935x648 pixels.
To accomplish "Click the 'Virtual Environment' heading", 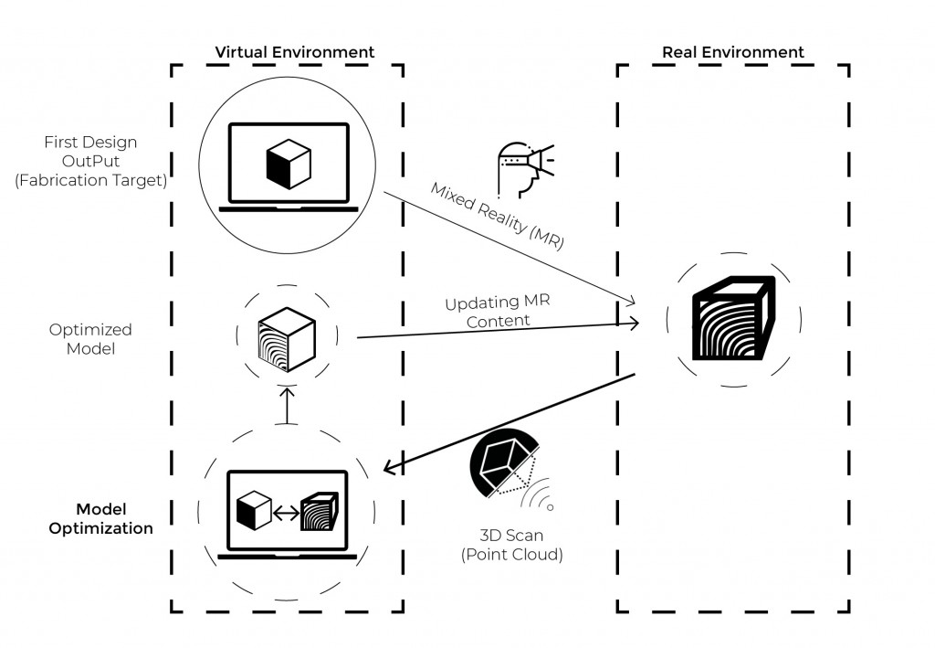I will (294, 52).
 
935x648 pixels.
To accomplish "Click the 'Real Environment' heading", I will (732, 52).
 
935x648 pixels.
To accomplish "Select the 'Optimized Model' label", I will (91, 338).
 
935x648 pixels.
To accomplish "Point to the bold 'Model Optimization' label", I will (100, 518).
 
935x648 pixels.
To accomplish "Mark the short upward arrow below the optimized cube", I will (287, 405).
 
